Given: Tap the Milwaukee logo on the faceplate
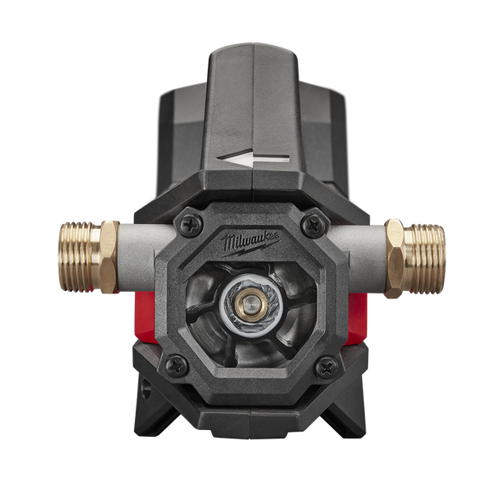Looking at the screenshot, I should tap(252, 245).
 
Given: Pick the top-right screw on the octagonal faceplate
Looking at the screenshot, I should tap(314, 223).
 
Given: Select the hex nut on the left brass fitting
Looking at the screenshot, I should tap(110, 255).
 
